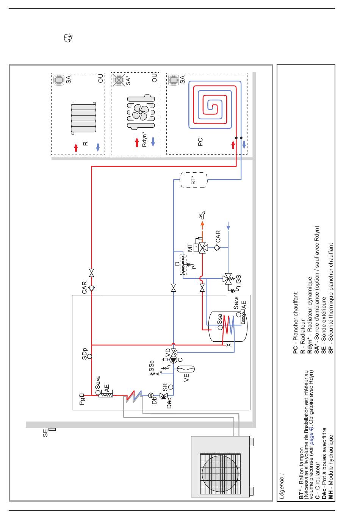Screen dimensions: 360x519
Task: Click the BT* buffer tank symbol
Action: click(x=194, y=180)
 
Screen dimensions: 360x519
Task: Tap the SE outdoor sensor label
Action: click(x=45, y=433)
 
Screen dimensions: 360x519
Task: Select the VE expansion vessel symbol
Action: click(x=186, y=369)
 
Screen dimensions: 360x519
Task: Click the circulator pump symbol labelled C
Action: click(x=174, y=360)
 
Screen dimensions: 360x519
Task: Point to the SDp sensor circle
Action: click(x=89, y=356)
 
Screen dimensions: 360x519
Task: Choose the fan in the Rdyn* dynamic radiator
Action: click(x=141, y=112)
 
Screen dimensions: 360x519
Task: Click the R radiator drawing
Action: click(x=83, y=118)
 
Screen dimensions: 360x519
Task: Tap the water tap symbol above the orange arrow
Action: click(x=202, y=215)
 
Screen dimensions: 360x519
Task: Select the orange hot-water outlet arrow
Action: click(x=202, y=229)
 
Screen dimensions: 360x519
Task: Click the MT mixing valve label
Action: click(x=190, y=247)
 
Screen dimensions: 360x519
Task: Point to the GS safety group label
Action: click(x=238, y=279)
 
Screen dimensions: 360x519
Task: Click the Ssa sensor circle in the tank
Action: click(x=220, y=328)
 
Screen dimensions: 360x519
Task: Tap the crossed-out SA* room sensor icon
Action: click(x=119, y=80)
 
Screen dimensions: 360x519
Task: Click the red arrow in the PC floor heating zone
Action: click(x=233, y=145)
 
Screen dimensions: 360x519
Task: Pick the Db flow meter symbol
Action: click(x=151, y=395)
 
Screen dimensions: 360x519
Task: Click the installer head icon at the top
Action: click(x=68, y=38)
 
